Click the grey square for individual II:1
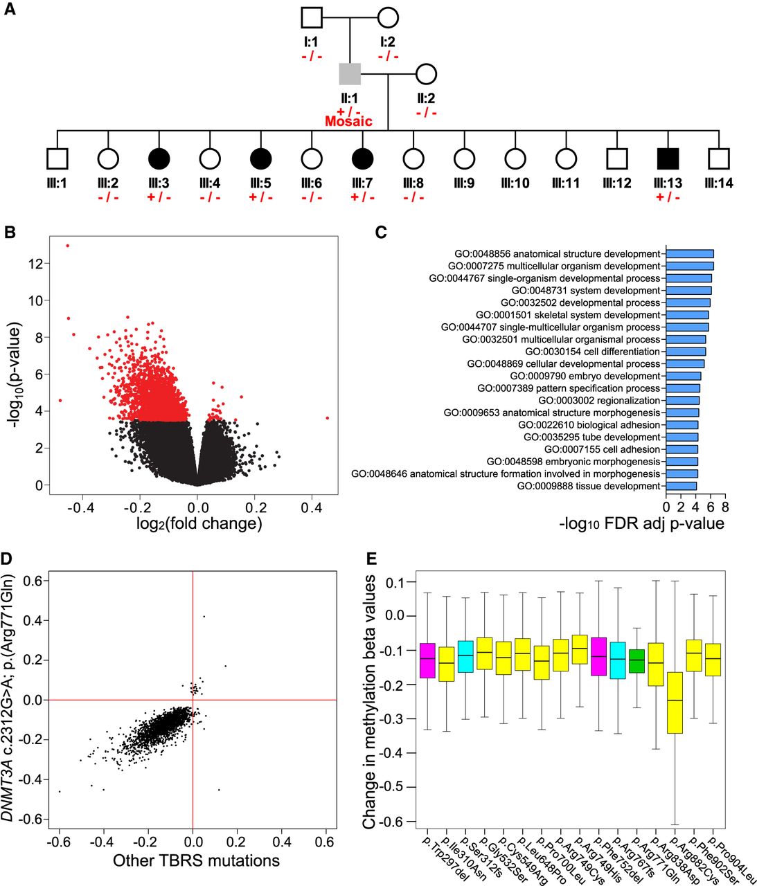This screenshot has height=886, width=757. pos(350,73)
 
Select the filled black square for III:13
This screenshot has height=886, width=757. pos(668,159)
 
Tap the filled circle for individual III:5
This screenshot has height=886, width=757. pos(261,159)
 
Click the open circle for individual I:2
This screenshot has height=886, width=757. pos(388,17)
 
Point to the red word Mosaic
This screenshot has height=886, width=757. pos(348,122)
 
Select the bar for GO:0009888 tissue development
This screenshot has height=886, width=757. pos(682,486)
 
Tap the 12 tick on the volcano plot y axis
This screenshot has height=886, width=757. pos(35,264)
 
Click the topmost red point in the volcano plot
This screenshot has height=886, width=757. pos(67,245)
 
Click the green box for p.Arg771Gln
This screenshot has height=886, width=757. pos(636,662)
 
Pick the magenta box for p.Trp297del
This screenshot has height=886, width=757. pos(427,660)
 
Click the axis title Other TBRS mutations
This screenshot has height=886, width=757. pos(196,861)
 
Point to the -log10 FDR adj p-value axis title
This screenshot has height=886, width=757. pos(641,523)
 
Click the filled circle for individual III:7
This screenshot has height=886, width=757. pos(363,159)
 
